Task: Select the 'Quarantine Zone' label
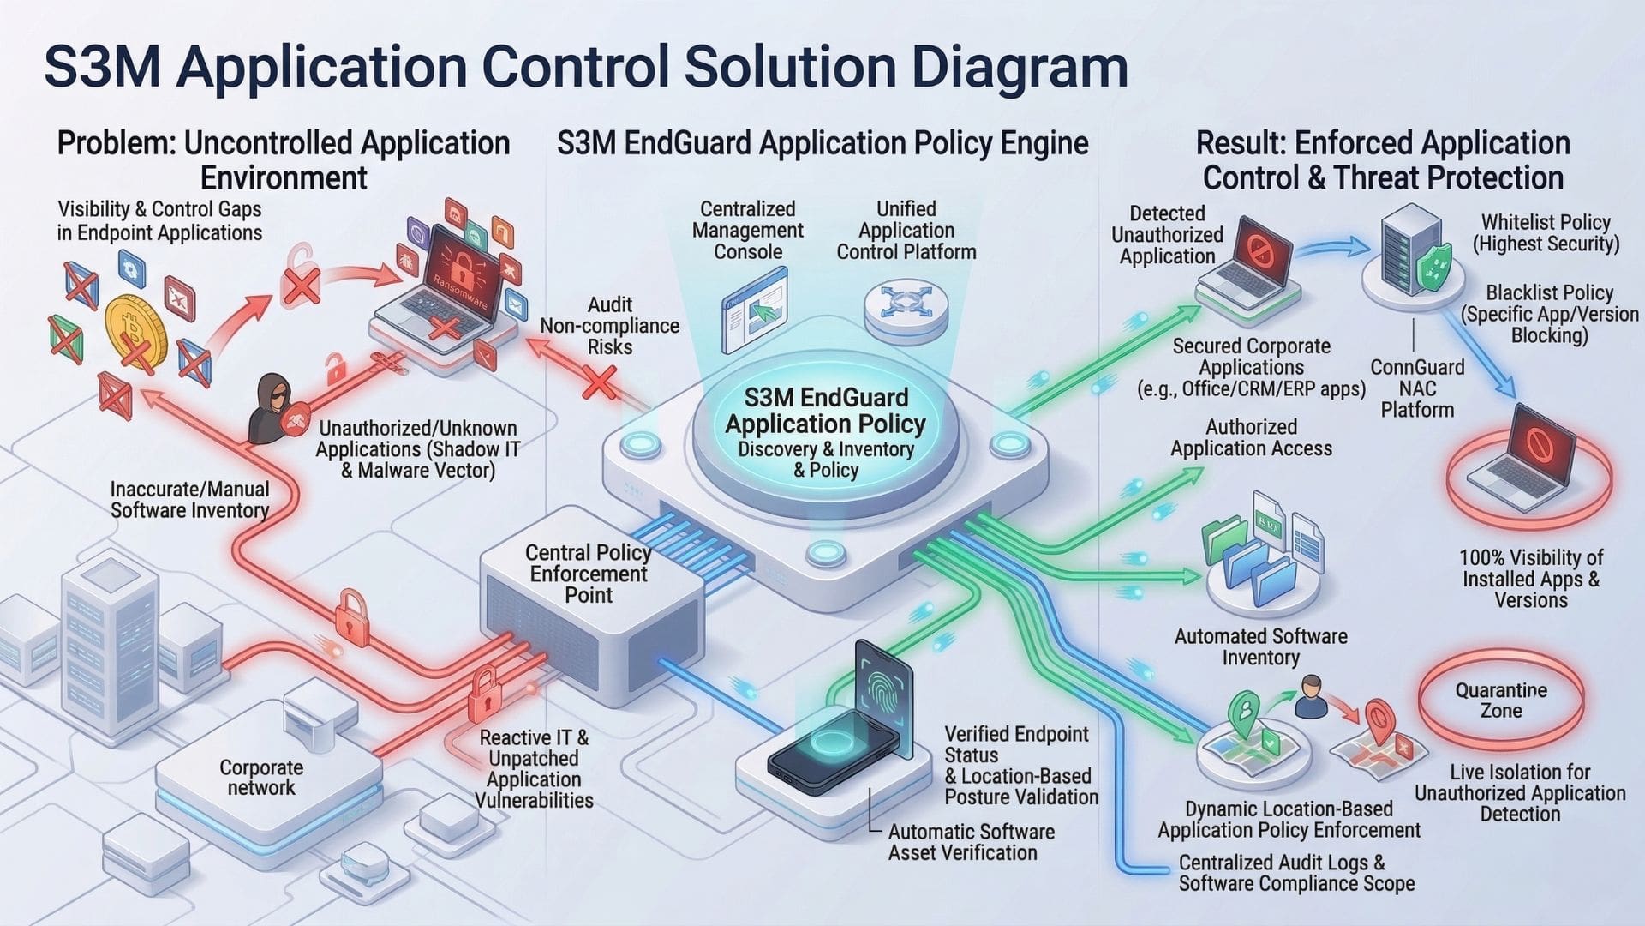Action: click(1501, 701)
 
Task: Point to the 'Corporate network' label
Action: click(261, 778)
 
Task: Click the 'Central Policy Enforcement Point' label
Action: click(589, 574)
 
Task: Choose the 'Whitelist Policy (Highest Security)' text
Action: click(1546, 233)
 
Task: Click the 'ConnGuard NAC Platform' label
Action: click(1417, 388)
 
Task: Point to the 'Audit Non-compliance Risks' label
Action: click(609, 326)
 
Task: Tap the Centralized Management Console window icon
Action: click(754, 310)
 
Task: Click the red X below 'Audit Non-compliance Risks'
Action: click(600, 382)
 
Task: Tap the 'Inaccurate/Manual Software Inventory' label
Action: click(189, 500)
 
